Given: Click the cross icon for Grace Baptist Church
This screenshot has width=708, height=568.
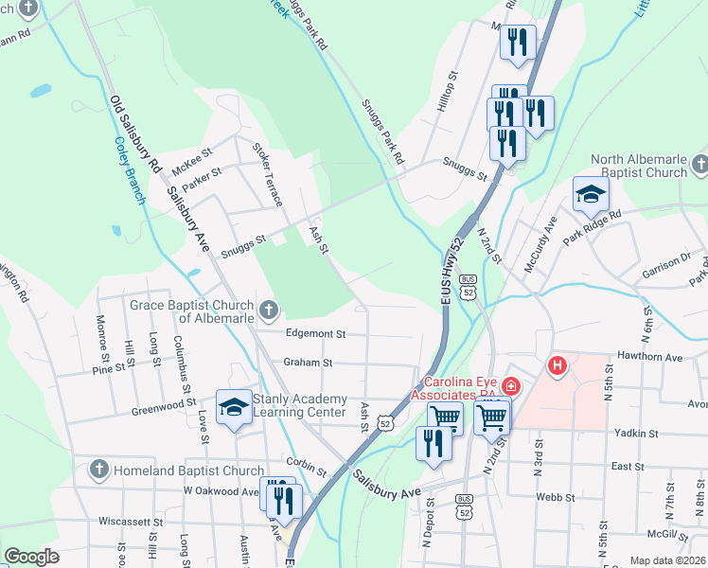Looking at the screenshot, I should coord(269,310).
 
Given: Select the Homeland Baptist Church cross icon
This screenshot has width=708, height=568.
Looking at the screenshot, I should coord(98,470).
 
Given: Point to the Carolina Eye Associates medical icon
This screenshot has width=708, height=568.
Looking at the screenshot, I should coord(510,385).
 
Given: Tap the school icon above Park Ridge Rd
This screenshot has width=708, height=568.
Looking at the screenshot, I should coord(591,194).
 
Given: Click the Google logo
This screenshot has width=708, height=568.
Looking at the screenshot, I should coord(31,556).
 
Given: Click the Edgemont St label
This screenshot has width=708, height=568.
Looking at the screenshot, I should coord(314,334).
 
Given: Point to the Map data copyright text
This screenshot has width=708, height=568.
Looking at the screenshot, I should coord(668,560).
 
